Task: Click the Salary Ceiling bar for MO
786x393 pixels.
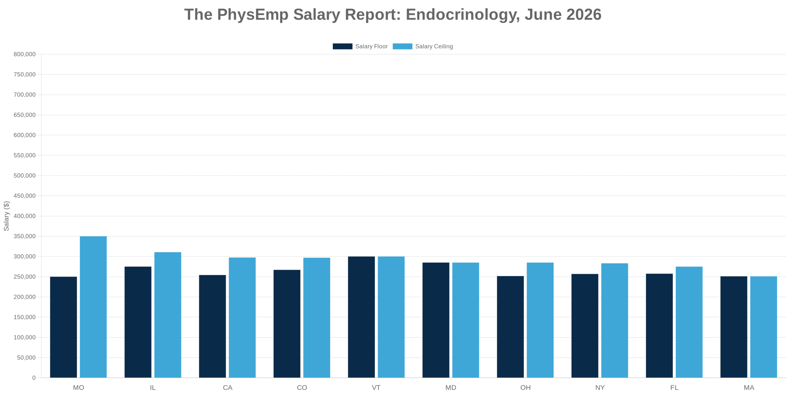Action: point(93,307)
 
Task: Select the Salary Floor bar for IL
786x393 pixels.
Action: point(138,322)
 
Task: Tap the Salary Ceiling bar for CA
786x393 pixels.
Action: point(242,317)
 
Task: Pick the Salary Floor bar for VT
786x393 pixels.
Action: point(361,317)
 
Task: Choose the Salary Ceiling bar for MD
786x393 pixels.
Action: point(466,320)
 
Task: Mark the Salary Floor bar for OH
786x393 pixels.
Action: point(510,327)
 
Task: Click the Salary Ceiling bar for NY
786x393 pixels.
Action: point(615,320)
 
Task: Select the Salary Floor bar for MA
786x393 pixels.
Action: point(734,327)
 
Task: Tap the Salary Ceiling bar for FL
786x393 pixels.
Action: point(689,322)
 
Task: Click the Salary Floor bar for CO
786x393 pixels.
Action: point(287,324)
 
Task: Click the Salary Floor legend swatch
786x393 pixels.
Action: point(342,46)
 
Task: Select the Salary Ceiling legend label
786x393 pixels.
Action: point(434,46)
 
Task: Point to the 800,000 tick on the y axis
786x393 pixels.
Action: point(25,54)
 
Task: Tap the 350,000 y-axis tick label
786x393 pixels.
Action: point(25,236)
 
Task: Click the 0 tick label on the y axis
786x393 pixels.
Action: point(34,378)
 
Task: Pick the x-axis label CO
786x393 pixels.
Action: point(302,387)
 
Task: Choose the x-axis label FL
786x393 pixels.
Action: point(674,387)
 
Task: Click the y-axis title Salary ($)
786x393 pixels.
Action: point(6,216)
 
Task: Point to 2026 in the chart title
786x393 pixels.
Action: point(584,14)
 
